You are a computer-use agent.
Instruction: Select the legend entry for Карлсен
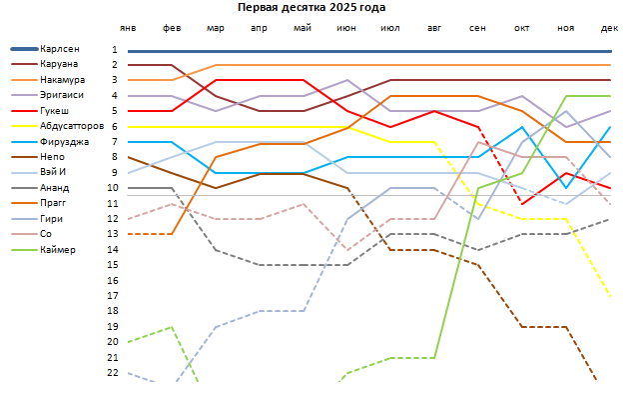[61, 49]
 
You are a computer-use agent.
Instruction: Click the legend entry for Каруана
[60, 64]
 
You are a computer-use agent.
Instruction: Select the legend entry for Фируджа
[63, 141]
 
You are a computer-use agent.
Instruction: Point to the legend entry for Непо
[55, 157]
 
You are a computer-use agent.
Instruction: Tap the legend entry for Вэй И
[56, 172]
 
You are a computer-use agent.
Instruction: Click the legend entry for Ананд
[56, 187]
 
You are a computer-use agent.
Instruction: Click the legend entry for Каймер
[59, 249]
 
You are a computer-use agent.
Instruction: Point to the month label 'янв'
[128, 29]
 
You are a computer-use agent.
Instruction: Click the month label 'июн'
[346, 29]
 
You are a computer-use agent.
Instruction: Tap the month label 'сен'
[478, 29]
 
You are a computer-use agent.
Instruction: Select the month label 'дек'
[609, 29]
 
